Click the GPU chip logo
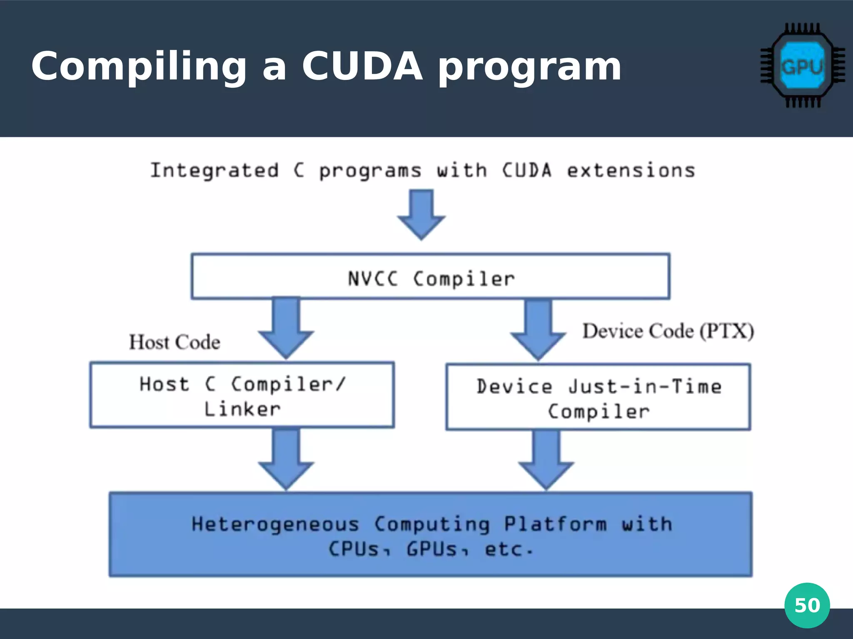(x=803, y=66)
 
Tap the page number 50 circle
(x=807, y=605)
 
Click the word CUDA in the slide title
(x=362, y=67)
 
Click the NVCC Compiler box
(x=430, y=277)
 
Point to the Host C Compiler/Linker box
(x=242, y=395)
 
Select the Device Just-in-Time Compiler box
(x=598, y=397)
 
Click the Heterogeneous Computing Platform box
(x=430, y=535)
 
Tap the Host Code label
(x=175, y=342)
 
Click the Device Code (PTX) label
(x=668, y=332)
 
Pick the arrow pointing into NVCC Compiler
(x=421, y=214)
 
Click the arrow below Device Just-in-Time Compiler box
(x=546, y=460)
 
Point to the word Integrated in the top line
(x=214, y=171)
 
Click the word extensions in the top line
(x=631, y=171)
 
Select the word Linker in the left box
(x=242, y=409)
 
